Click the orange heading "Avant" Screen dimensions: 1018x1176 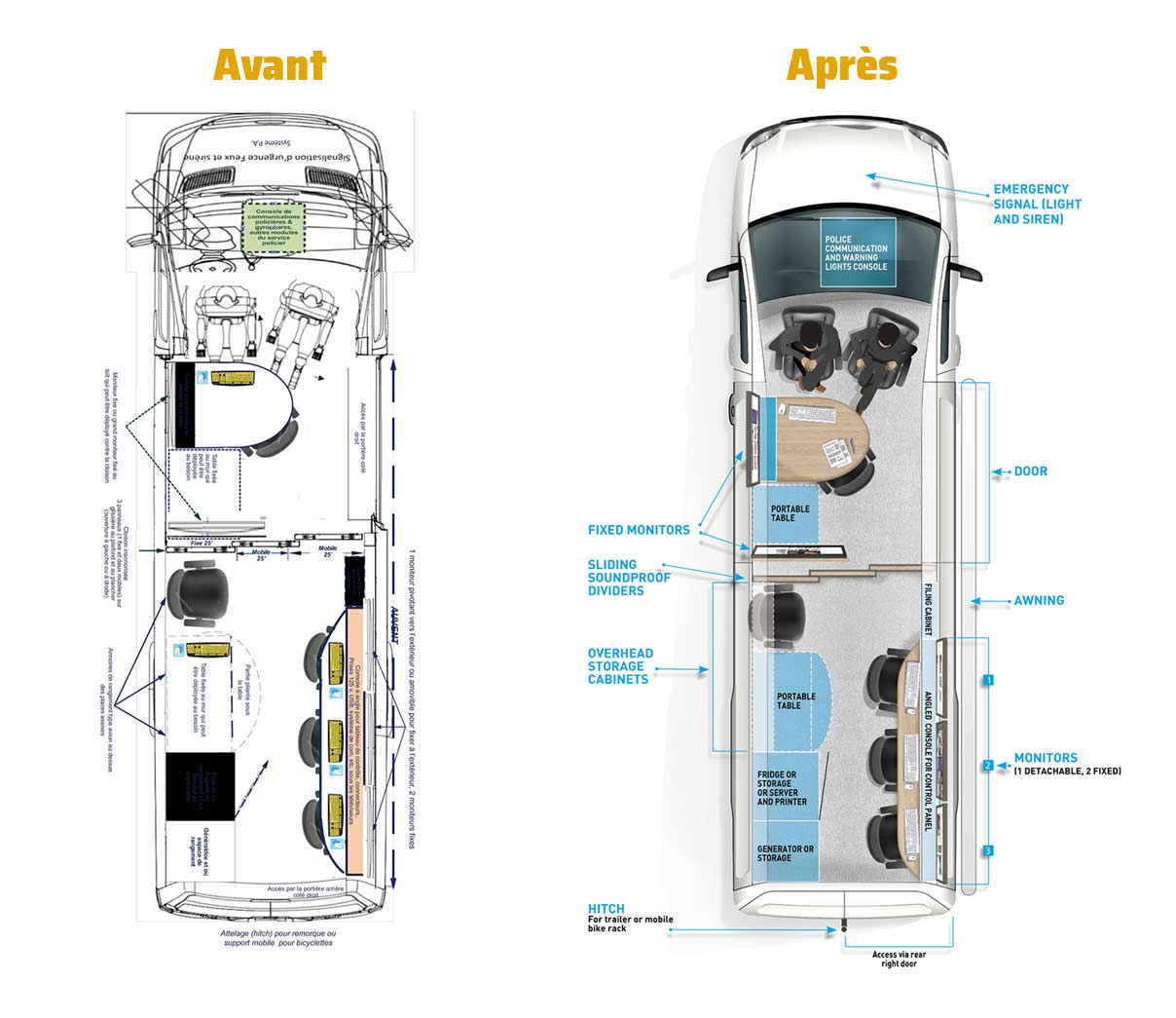pyautogui.click(x=270, y=65)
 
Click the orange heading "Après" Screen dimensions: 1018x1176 pyautogui.click(x=841, y=65)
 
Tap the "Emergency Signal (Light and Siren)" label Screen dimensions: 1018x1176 pyautogui.click(x=1037, y=204)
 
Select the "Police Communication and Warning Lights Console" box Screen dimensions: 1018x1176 pyautogui.click(x=857, y=252)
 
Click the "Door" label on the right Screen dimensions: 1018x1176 pyautogui.click(x=1031, y=471)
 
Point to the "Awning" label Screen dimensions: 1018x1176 pyautogui.click(x=1039, y=600)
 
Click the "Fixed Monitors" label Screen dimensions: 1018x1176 pyautogui.click(x=639, y=530)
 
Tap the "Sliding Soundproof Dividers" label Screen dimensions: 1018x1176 pyautogui.click(x=629, y=577)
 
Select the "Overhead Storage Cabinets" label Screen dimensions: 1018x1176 pyautogui.click(x=620, y=666)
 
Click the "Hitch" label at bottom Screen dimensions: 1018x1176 pyautogui.click(x=606, y=909)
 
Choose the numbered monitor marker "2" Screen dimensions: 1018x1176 pyautogui.click(x=988, y=765)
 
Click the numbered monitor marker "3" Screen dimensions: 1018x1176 pyautogui.click(x=988, y=851)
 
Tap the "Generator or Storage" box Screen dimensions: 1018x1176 pyautogui.click(x=786, y=853)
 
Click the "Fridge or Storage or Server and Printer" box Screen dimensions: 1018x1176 pyautogui.click(x=783, y=788)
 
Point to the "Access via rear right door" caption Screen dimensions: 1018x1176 pyautogui.click(x=899, y=959)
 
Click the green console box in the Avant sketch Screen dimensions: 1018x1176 pyautogui.click(x=274, y=226)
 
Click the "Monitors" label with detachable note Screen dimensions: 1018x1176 pyautogui.click(x=1047, y=758)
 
